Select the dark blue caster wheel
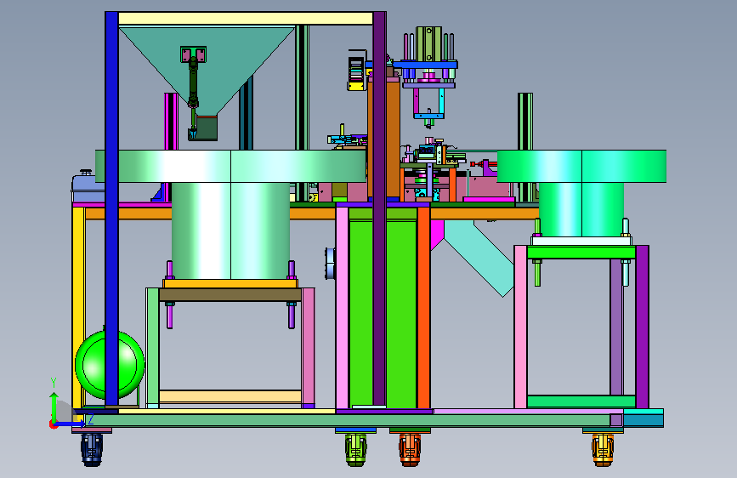click(92, 449)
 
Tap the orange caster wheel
click(410, 450)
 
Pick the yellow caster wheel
click(603, 450)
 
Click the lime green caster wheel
click(356, 450)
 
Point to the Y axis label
click(54, 383)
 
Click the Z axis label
click(91, 419)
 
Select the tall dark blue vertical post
click(112, 208)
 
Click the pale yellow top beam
click(246, 19)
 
